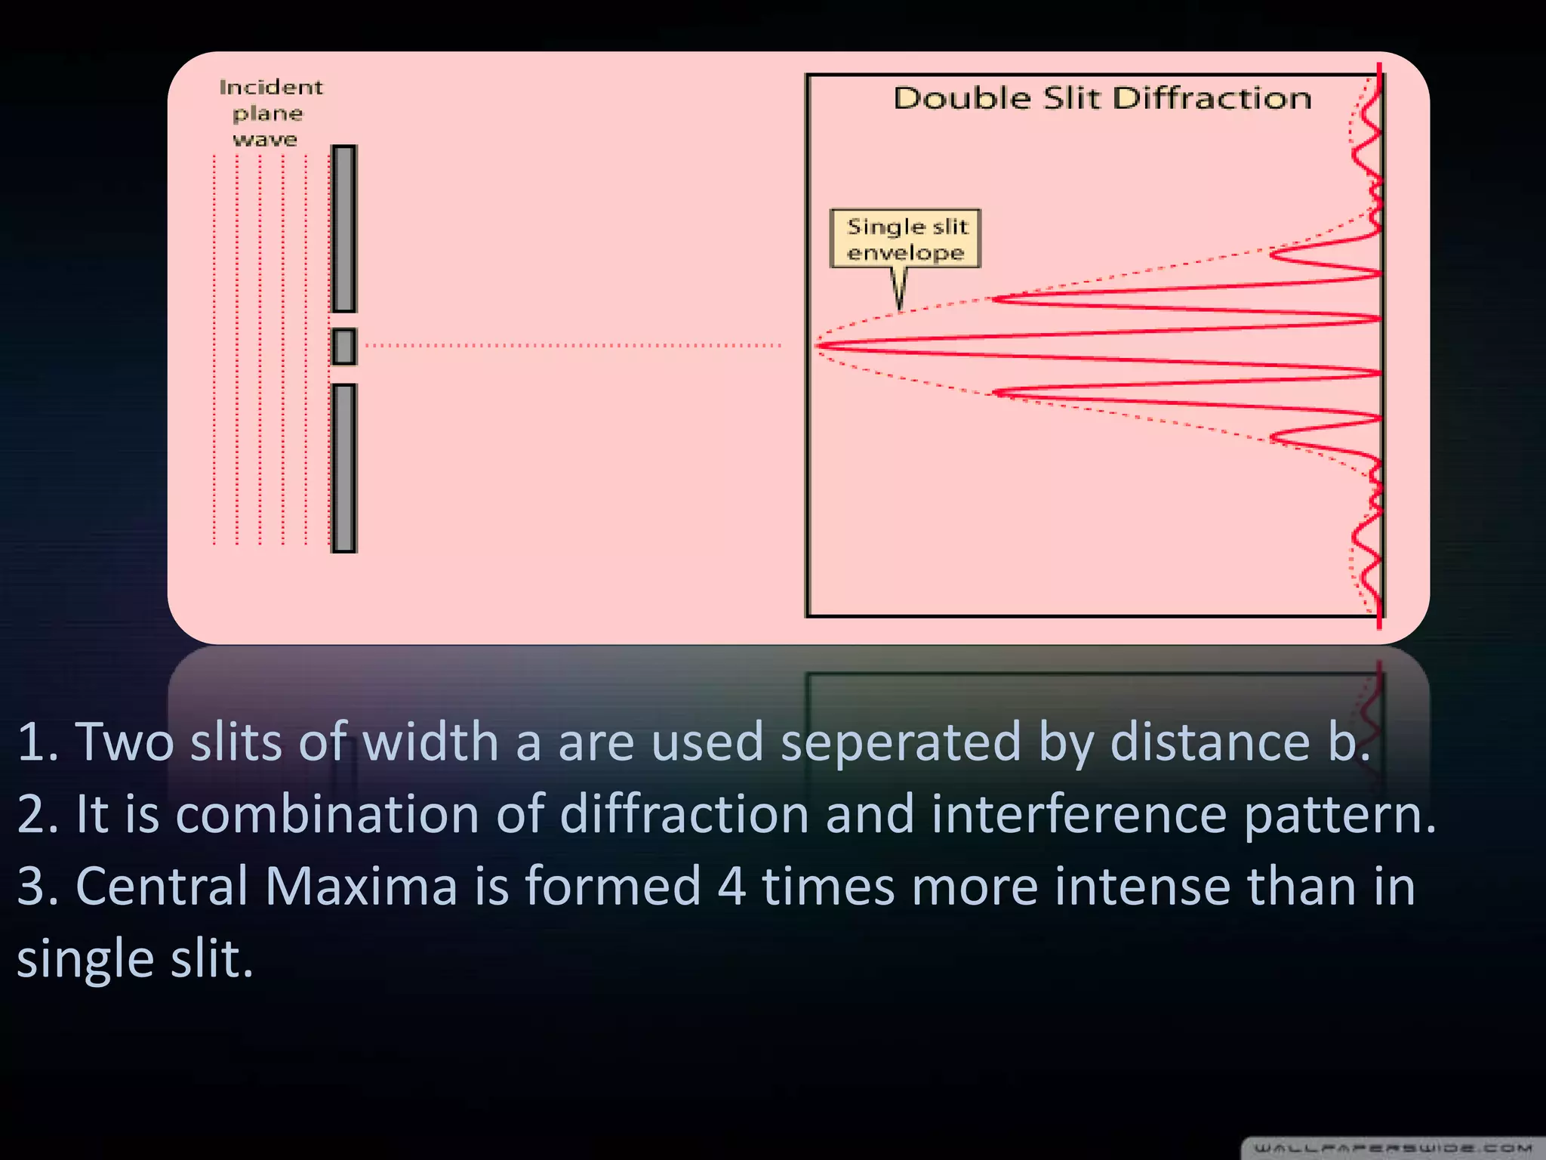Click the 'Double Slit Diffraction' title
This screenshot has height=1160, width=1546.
click(x=1102, y=99)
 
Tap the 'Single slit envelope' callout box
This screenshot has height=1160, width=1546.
click(x=905, y=239)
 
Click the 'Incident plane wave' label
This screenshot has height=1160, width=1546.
click(x=269, y=113)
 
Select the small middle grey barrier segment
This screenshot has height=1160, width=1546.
click(x=344, y=347)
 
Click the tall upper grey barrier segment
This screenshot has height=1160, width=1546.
click(x=344, y=229)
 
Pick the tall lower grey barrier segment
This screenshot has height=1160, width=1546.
click(x=344, y=468)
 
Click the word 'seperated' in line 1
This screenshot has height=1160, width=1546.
click(x=900, y=742)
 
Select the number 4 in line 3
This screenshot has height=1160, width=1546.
click(x=731, y=886)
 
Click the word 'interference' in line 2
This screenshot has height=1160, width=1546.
click(x=1079, y=814)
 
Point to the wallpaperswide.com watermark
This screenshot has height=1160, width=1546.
click(x=1393, y=1149)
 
